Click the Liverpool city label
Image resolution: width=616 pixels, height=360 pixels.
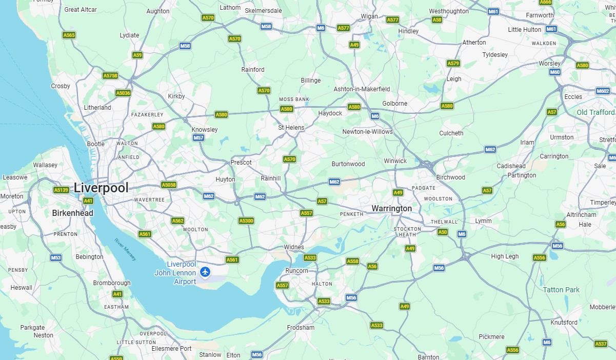tap(101, 188)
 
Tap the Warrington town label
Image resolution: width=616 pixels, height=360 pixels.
tap(391, 209)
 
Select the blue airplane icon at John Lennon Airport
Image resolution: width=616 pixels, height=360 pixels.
tap(206, 272)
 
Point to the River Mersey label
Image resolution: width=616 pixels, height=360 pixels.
tap(126, 250)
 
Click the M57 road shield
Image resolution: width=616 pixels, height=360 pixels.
tap(198, 138)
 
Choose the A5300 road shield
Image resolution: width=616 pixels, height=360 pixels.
tap(246, 221)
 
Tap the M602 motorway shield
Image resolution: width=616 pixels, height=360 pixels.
tap(603, 91)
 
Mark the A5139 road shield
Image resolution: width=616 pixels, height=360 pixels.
tap(61, 190)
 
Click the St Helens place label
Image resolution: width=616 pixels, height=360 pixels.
tap(291, 128)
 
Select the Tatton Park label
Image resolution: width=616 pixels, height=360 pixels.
tap(561, 290)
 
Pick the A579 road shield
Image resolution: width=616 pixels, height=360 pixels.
tap(453, 64)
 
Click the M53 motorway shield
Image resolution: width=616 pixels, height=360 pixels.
tap(56, 257)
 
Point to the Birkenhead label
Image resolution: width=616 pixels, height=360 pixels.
tap(72, 213)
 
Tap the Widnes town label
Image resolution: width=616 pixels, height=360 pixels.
tap(294, 247)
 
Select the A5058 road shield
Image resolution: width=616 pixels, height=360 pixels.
tap(169, 185)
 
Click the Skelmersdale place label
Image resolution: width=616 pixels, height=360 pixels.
tap(264, 10)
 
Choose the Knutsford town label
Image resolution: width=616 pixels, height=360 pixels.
tap(564, 323)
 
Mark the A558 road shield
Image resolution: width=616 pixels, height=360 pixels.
tap(352, 261)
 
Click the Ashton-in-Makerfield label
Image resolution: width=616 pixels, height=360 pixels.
tap(362, 89)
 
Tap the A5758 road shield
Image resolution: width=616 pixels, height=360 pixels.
tap(110, 75)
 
